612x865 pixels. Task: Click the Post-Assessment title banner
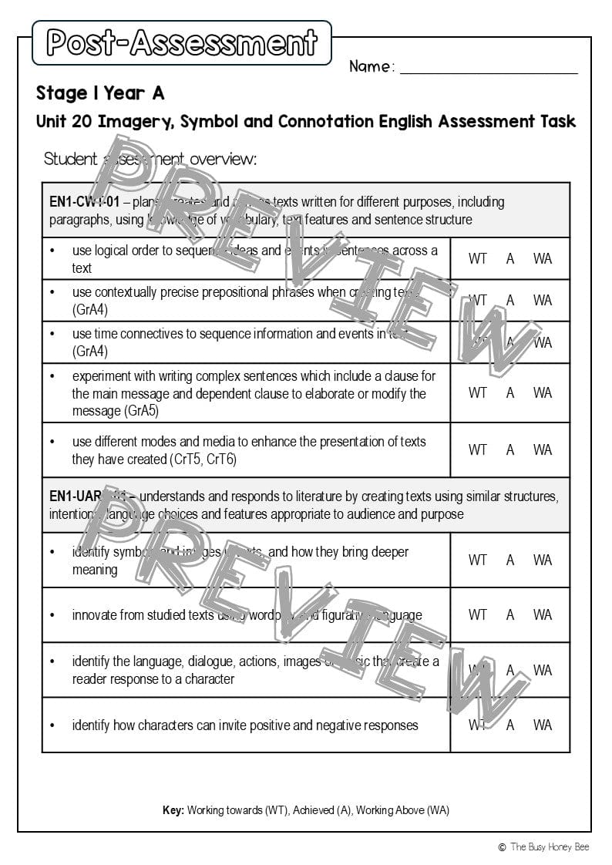182,43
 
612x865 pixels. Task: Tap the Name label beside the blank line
372,66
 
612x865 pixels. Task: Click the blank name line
489,72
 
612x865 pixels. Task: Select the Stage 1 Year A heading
100,93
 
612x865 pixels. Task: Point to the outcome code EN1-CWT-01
84,202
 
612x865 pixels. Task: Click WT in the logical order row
478,259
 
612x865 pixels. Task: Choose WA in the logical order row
543,259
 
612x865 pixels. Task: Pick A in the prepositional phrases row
510,301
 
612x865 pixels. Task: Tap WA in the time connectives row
543,342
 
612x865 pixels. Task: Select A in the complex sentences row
510,393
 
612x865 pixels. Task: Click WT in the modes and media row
478,449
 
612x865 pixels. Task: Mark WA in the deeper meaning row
543,560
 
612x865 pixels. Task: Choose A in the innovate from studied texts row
510,615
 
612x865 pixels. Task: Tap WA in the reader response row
543,670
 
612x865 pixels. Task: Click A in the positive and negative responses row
510,725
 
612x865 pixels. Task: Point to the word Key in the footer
173,810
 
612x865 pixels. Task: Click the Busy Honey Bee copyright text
543,846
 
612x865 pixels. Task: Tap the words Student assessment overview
150,160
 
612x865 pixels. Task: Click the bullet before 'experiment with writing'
52,376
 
